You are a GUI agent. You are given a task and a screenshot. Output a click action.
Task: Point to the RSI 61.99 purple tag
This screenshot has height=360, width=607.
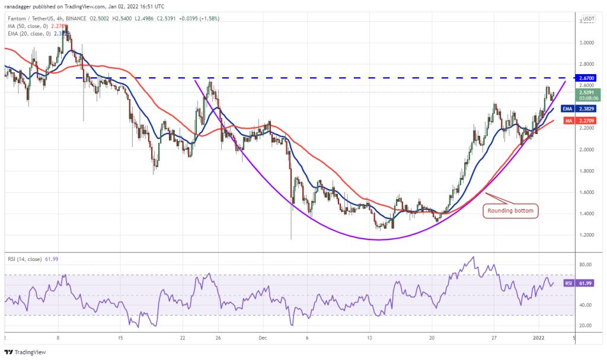[586, 283]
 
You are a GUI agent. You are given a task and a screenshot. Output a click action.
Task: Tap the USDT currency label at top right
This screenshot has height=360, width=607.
[589, 19]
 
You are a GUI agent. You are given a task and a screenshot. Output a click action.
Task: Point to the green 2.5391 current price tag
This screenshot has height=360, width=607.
[589, 94]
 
